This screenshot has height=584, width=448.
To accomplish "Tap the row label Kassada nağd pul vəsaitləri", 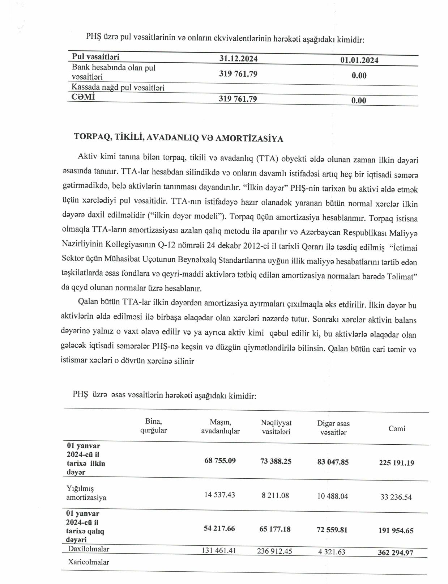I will (x=118, y=87).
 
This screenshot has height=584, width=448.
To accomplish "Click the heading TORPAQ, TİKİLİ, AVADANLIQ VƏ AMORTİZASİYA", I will (x=179, y=137).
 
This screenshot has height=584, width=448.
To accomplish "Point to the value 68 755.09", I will (x=220, y=461).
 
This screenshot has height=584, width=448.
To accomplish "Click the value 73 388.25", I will (x=276, y=461).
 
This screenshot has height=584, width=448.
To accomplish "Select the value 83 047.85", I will (x=333, y=462).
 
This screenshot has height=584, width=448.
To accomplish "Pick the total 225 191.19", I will (x=396, y=462).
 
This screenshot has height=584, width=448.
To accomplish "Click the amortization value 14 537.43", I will (x=219, y=495).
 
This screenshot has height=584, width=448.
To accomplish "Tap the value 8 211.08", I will (x=276, y=495).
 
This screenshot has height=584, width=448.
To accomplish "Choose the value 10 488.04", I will (x=333, y=496).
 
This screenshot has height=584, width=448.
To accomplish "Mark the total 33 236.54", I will (x=396, y=497).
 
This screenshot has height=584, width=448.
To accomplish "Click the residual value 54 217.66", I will (x=219, y=529).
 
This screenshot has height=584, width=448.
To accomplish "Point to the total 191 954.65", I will (x=396, y=530).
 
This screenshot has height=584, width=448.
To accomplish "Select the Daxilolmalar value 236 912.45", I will (x=274, y=551).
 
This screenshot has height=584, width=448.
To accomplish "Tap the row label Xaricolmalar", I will (x=89, y=562).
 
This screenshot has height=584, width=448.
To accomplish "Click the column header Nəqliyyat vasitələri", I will (x=276, y=427).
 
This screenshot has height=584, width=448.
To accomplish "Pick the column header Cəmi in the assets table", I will (x=397, y=429).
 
